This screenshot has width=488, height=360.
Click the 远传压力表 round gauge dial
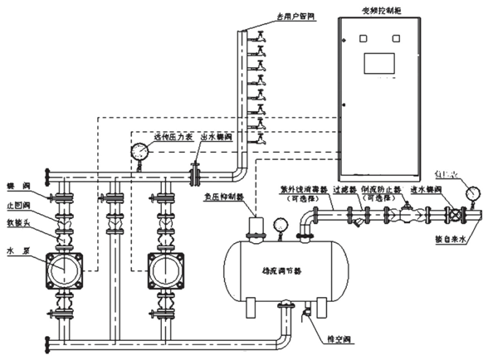[139, 150]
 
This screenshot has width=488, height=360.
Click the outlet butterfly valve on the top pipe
[195, 175]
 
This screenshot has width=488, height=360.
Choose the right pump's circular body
[163, 269]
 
